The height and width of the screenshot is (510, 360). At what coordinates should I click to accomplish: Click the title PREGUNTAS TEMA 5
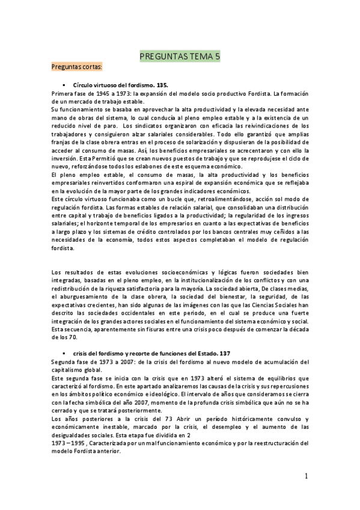point(180,57)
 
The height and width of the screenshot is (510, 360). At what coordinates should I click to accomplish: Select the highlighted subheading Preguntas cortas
point(78,67)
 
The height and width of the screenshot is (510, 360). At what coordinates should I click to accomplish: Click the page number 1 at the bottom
point(306,476)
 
